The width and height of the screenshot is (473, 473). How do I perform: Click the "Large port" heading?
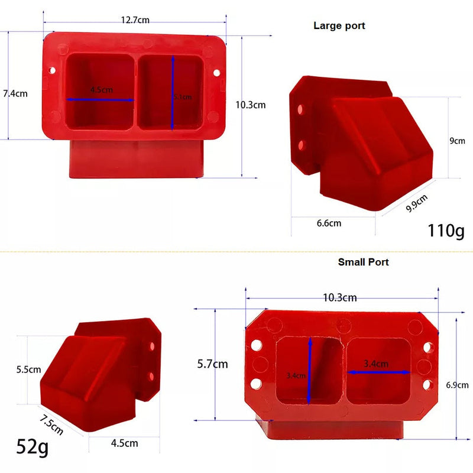pos(339,26)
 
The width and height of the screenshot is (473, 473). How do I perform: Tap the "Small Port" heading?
pos(363,262)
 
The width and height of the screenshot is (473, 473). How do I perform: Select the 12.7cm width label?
pos(135,20)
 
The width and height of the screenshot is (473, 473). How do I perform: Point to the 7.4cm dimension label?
pos(15,93)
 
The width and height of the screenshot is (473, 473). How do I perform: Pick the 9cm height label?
pos(457,141)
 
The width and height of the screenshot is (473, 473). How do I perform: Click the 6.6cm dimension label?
pos(329,223)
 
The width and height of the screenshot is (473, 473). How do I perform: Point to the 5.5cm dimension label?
pos(28,370)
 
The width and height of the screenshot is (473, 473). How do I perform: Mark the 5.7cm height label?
pos(212,364)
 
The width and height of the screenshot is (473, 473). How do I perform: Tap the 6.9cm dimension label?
pos(458,385)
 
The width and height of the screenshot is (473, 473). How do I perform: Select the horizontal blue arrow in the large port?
pos(101,100)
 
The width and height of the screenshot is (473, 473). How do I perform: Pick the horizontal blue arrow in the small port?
pos(378,372)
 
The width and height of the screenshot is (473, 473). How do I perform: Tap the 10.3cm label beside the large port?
pos(250,105)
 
